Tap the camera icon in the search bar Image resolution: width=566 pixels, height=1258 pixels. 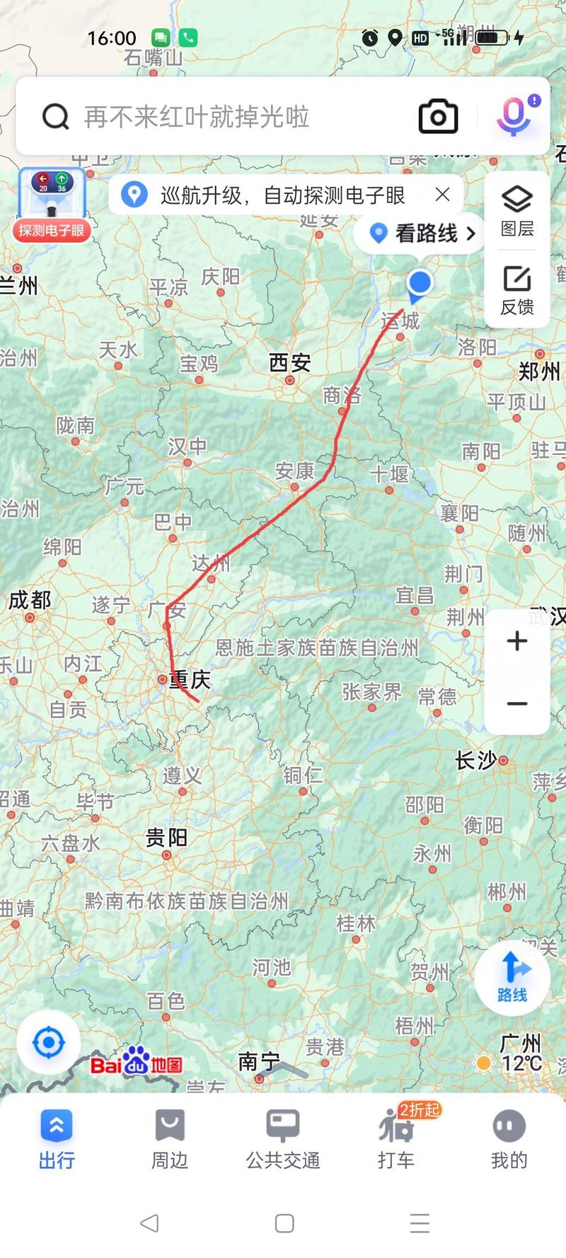pyautogui.click(x=438, y=117)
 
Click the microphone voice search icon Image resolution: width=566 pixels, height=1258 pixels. pyautogui.click(x=514, y=116)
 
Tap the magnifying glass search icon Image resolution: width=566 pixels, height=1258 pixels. pyautogui.click(x=55, y=117)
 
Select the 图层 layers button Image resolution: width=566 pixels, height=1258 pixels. pyautogui.click(x=517, y=210)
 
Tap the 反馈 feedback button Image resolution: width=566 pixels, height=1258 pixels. pyautogui.click(x=517, y=290)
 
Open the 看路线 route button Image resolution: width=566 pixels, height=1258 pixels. pyautogui.click(x=424, y=233)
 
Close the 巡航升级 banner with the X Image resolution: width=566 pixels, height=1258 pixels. pyautogui.click(x=443, y=195)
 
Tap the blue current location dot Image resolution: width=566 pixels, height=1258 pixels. pyautogui.click(x=420, y=282)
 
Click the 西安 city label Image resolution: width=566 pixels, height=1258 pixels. pyautogui.click(x=290, y=364)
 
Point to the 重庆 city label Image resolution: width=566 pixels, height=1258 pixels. pyautogui.click(x=190, y=680)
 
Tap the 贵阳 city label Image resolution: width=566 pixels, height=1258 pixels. pyautogui.click(x=166, y=838)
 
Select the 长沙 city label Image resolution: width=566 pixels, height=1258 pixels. pyautogui.click(x=476, y=761)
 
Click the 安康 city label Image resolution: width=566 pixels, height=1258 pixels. pyautogui.click(x=294, y=471)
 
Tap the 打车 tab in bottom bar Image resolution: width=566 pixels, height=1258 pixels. pyautogui.click(x=396, y=1139)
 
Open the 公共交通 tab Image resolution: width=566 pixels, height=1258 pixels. pyautogui.click(x=283, y=1139)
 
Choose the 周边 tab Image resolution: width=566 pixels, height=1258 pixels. pyautogui.click(x=170, y=1139)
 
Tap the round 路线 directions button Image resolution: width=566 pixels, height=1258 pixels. pyautogui.click(x=512, y=979)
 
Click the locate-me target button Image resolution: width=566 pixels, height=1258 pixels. pyautogui.click(x=49, y=1042)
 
